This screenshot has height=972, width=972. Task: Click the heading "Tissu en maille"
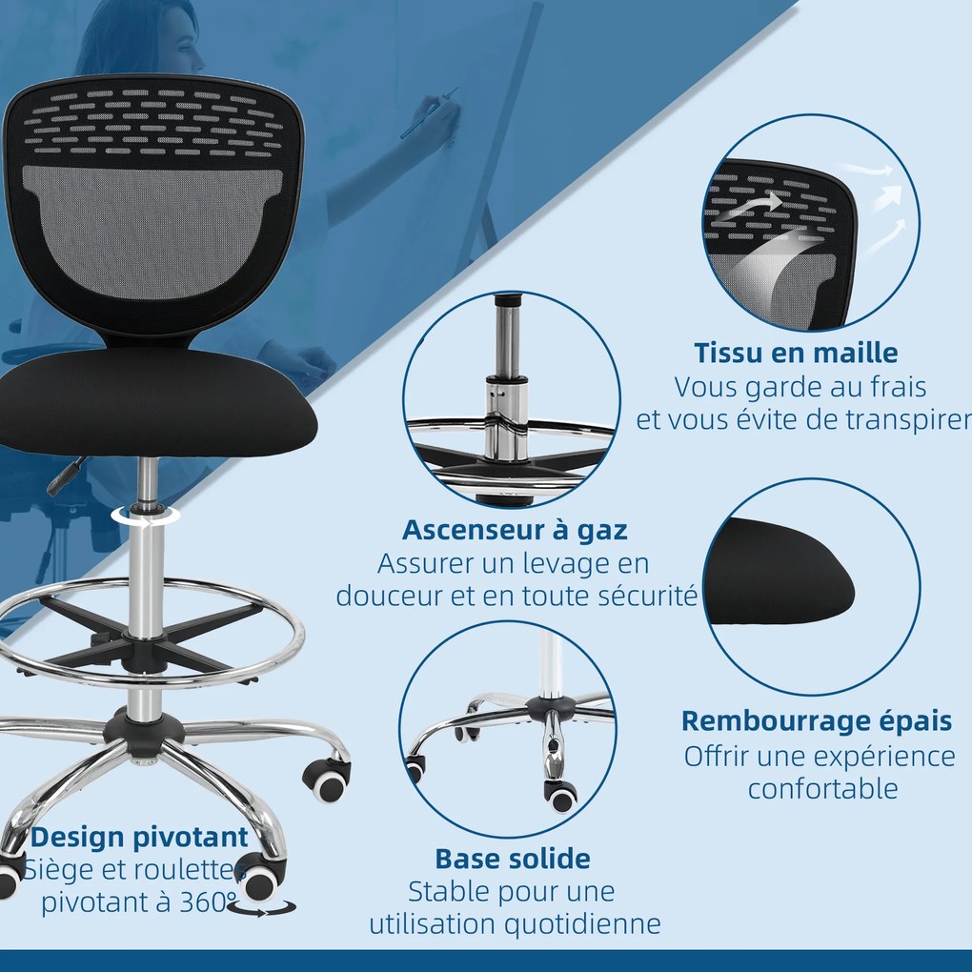(796, 353)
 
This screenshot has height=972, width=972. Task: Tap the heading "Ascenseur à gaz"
(515, 529)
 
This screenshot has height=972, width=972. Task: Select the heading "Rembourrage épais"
(817, 720)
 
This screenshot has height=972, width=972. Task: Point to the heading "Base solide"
(513, 859)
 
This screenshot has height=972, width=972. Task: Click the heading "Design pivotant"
(140, 838)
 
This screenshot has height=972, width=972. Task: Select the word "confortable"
(822, 789)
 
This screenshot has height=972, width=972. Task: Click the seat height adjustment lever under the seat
(65, 475)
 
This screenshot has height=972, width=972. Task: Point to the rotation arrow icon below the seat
(146, 515)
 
